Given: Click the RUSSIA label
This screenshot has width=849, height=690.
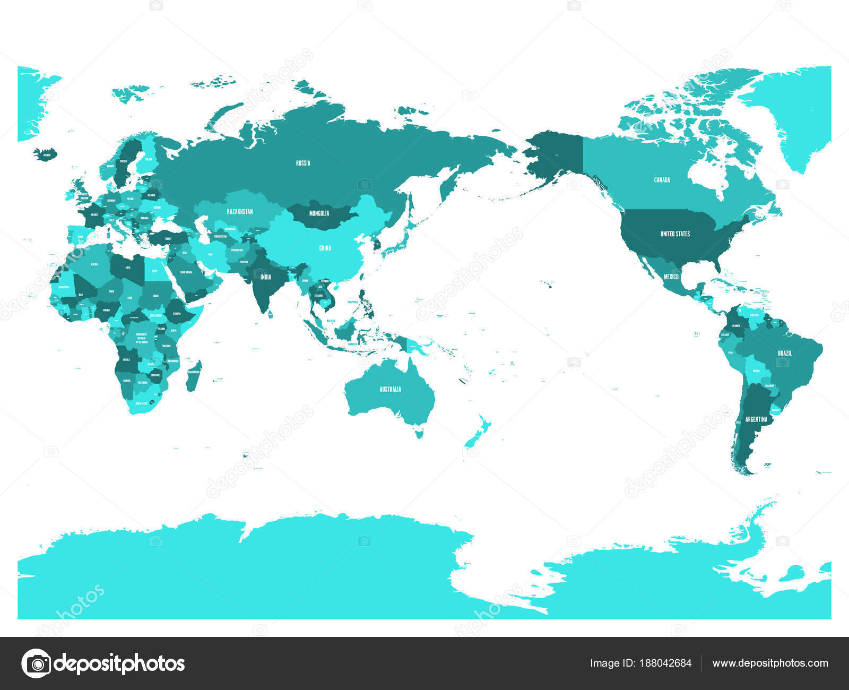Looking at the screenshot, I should click(x=303, y=163).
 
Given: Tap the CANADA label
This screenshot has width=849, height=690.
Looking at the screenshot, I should click(x=662, y=180).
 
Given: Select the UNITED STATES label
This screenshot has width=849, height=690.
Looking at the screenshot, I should click(x=675, y=234).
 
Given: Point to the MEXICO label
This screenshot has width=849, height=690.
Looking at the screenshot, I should click(x=671, y=277).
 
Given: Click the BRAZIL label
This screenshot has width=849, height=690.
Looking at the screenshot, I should click(x=785, y=353).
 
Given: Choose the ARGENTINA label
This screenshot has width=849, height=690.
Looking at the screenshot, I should click(x=756, y=419).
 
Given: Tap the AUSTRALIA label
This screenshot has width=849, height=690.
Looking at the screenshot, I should click(x=390, y=389).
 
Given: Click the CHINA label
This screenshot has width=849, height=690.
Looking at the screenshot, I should click(x=325, y=248).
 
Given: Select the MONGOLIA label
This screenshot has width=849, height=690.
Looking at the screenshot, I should click(x=319, y=213).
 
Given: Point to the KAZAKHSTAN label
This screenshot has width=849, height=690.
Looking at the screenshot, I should click(x=240, y=211).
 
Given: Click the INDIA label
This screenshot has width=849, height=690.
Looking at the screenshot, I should click(x=266, y=277).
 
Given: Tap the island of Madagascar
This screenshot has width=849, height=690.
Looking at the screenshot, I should click(x=194, y=376).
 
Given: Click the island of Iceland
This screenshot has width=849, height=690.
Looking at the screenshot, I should click(x=45, y=154).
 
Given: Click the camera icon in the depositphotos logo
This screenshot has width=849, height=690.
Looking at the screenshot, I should click(x=37, y=663).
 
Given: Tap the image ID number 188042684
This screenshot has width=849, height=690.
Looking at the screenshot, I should click(x=665, y=663).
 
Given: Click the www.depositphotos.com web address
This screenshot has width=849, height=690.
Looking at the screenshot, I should click(x=770, y=663).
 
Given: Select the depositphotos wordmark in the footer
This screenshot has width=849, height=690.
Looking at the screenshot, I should click(x=120, y=663).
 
